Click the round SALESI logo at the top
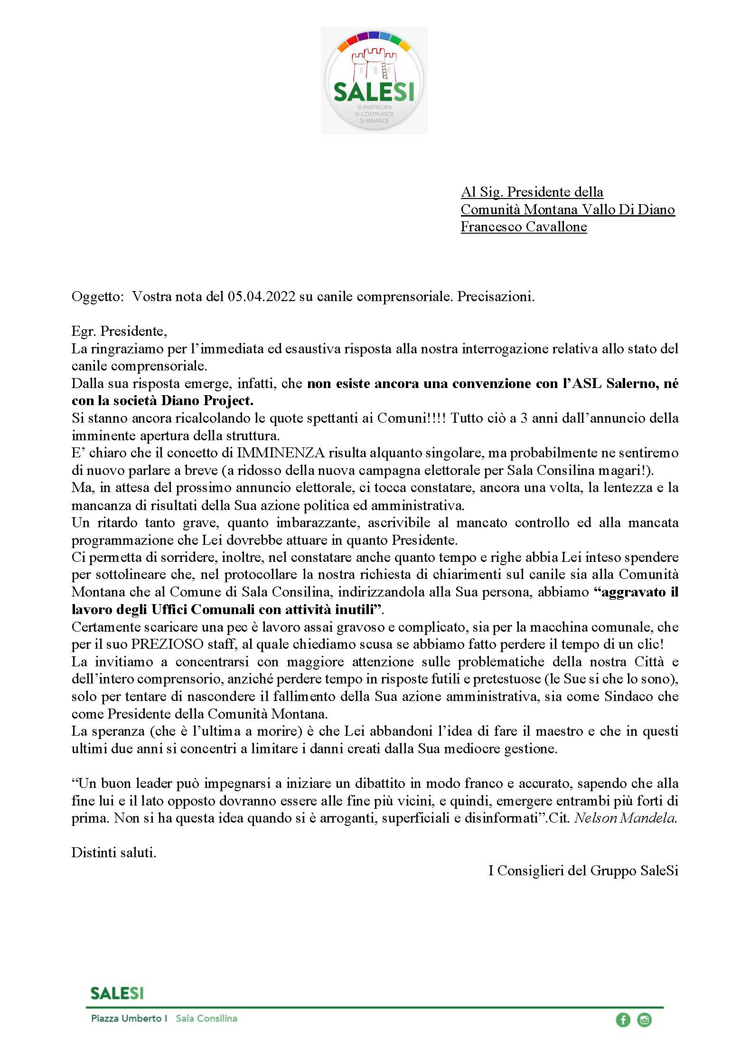(x=374, y=80)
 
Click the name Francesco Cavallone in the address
(x=524, y=227)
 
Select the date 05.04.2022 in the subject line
(x=262, y=297)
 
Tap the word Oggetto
(x=97, y=297)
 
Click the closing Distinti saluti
(x=114, y=853)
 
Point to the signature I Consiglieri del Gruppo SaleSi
(x=583, y=871)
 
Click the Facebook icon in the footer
(x=623, y=1020)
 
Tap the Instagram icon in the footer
(x=644, y=1020)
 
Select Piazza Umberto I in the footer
(x=129, y=1019)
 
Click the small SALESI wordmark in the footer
(x=117, y=993)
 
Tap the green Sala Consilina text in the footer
(x=206, y=1019)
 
